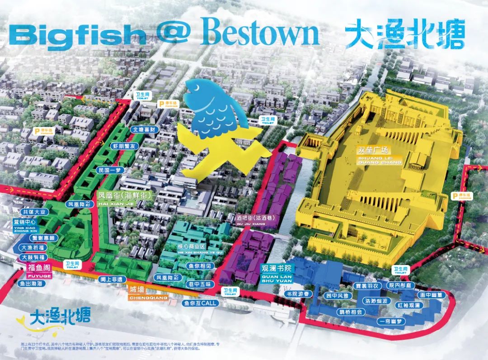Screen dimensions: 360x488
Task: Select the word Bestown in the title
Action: pos(261,33)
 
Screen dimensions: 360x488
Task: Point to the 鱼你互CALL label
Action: pos(200,303)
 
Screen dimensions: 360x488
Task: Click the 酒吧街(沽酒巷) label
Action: pos(255,217)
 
